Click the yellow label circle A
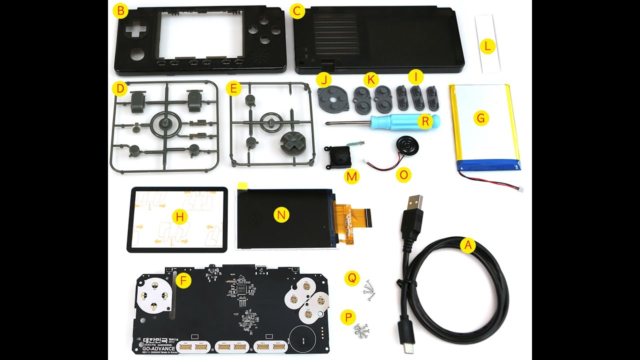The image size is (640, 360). pyautogui.click(x=467, y=245)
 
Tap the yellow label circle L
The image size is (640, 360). pyautogui.click(x=487, y=47)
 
